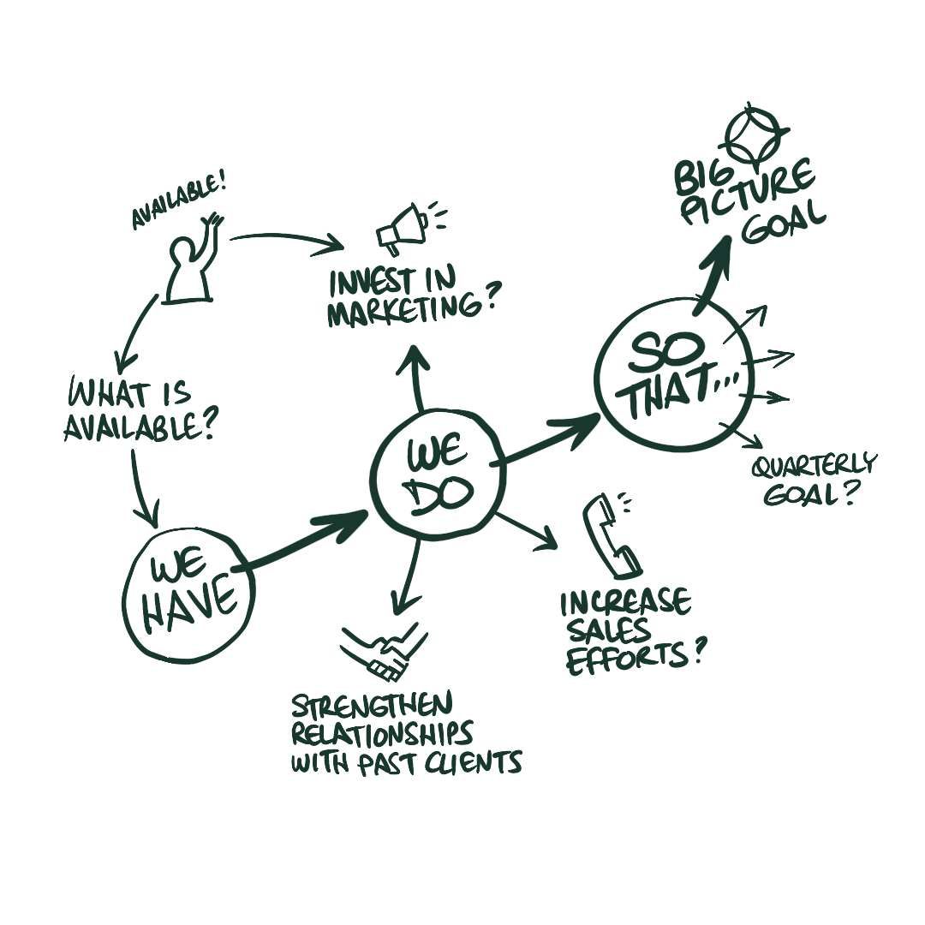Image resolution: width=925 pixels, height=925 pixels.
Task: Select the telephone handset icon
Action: click(x=610, y=537)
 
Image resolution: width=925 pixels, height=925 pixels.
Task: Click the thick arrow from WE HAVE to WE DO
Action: click(x=304, y=540)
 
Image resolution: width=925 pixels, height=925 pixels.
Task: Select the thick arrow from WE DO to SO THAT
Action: click(x=548, y=439)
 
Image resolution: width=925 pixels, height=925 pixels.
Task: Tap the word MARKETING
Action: click(x=394, y=310)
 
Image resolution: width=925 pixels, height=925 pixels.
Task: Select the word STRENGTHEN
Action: click(x=372, y=707)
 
